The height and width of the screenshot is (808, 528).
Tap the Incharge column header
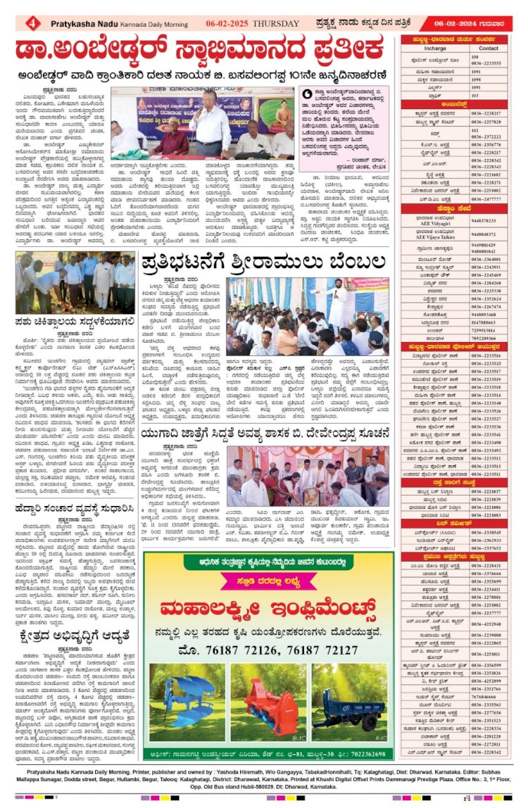[x=434, y=48]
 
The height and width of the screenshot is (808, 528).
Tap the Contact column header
[x=487, y=48]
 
